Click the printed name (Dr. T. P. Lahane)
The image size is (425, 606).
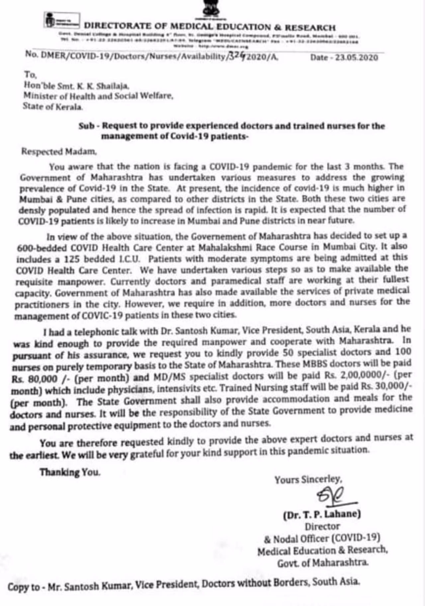pos(322,514)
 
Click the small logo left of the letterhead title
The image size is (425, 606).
pos(62,21)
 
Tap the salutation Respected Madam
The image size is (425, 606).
pos(59,152)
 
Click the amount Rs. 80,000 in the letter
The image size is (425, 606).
pos(35,379)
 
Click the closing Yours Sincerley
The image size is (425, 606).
pos(308,479)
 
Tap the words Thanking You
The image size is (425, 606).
pos(70,472)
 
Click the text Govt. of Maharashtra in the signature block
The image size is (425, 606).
pos(323,563)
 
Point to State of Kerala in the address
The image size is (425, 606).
pos(53,107)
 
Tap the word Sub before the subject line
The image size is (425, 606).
pos(86,126)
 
